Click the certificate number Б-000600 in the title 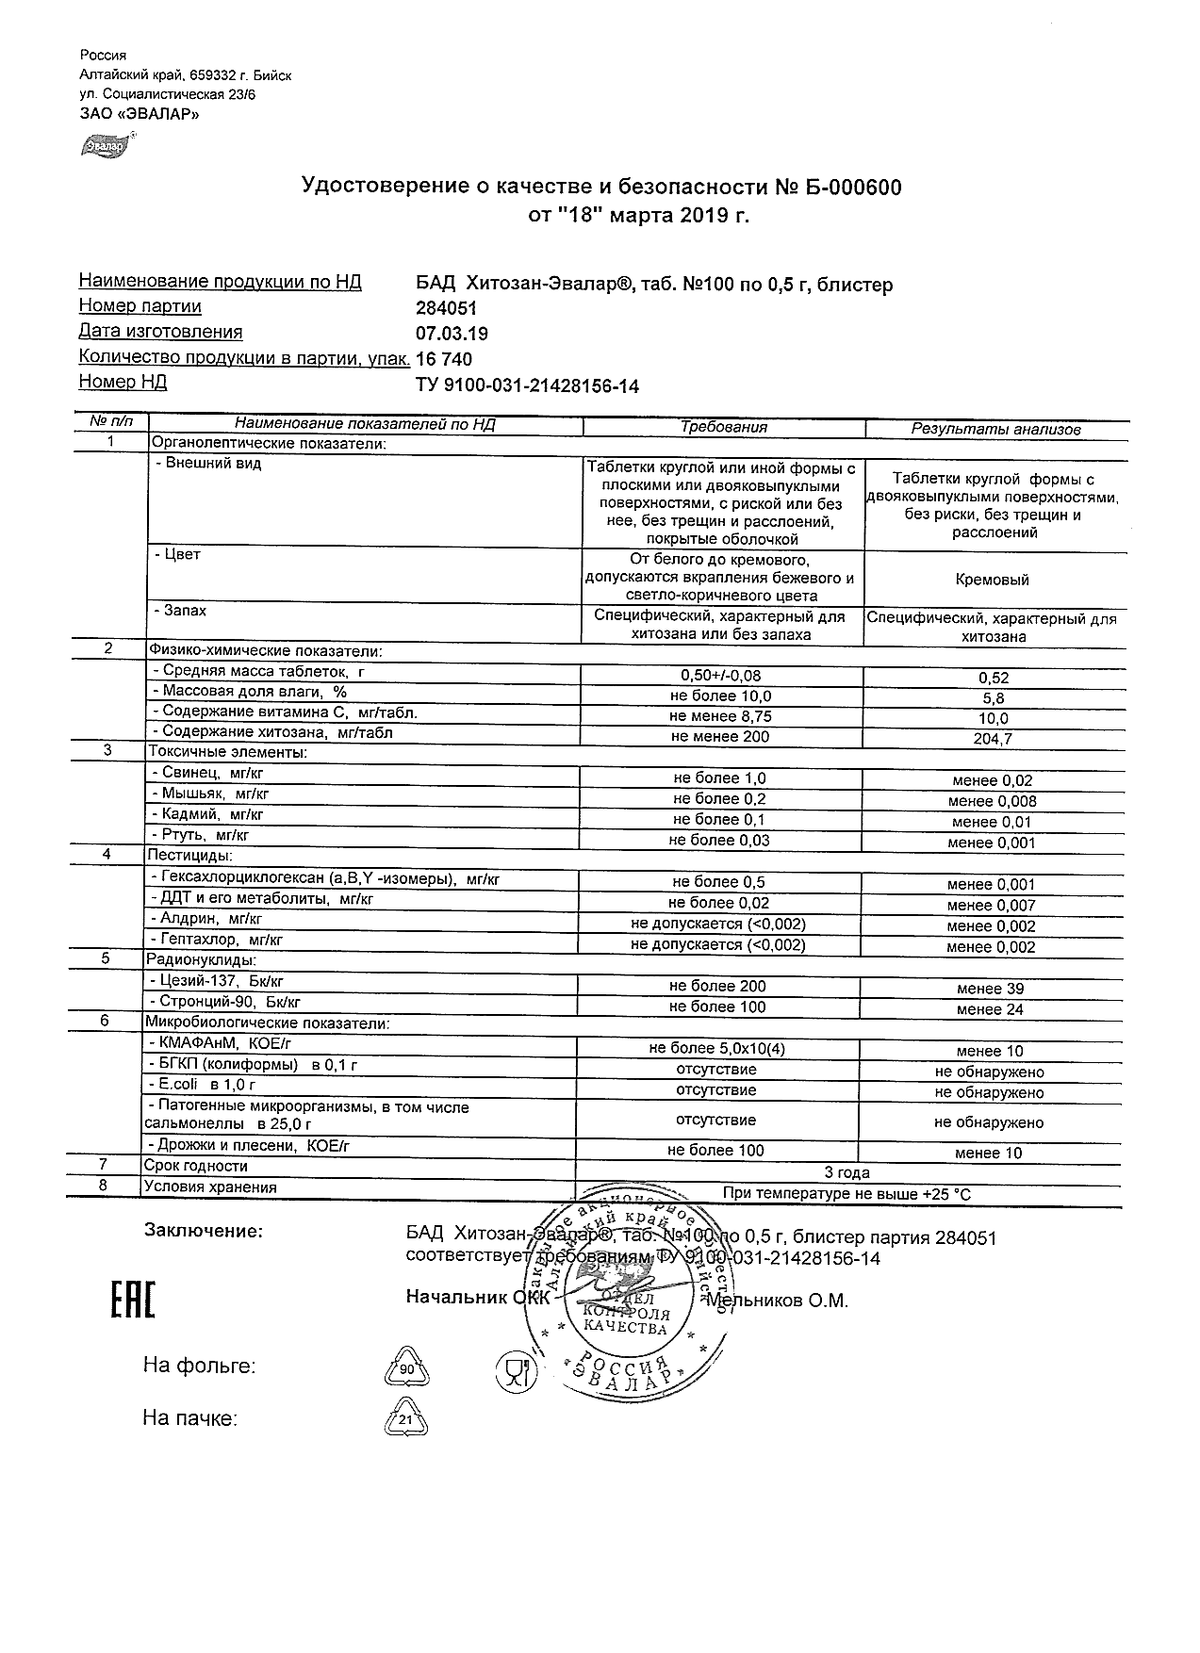(851, 188)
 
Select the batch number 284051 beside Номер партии (446, 308)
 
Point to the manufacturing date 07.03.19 (452, 334)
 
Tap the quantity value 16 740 (444, 359)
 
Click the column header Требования (723, 427)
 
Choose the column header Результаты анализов (995, 429)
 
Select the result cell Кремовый (992, 580)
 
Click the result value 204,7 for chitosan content (993, 740)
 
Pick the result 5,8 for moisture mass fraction (993, 698)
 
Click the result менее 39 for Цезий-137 (990, 989)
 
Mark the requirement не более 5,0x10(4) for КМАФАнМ (716, 1049)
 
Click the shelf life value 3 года (847, 1172)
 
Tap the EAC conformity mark (132, 1300)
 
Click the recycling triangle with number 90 (406, 1367)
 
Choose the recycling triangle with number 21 (406, 1419)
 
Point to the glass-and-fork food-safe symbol (514, 1370)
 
